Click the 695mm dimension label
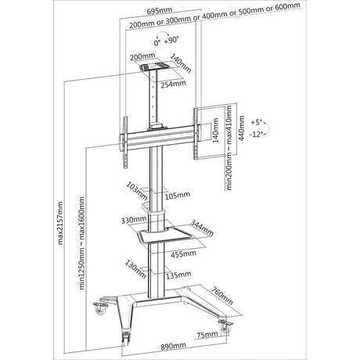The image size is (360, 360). pos(160,11)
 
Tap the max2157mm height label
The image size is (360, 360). pos(60,223)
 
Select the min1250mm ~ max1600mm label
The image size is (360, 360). pos(82,243)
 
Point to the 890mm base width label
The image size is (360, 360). pos(173,346)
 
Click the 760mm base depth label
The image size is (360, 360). pos(222,296)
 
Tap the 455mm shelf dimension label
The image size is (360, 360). pos(183,254)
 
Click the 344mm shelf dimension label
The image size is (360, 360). pos(202,228)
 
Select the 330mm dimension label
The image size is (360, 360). pos(133,220)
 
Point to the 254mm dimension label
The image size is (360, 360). pos(173,85)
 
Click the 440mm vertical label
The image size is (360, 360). pos(242,128)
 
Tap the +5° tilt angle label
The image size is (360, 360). pos(257,122)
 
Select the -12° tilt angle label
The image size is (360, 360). pos(256,135)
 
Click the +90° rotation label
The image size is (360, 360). pos(172,40)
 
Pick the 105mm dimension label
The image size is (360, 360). pos(178,195)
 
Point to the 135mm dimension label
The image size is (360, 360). pos(178,275)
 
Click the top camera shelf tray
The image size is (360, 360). pos(155,67)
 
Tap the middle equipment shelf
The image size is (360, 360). pos(165,235)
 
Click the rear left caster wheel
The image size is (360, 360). pos(99,310)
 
